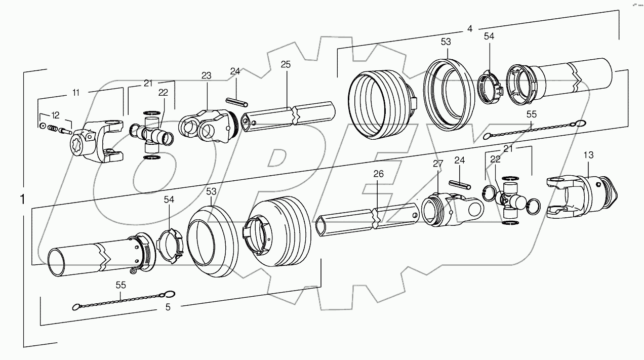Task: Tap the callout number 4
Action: point(470,29)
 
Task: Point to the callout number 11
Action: point(76,92)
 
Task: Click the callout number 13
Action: point(589,155)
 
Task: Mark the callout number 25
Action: point(286,64)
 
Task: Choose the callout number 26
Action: point(379,174)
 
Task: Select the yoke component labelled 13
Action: point(582,195)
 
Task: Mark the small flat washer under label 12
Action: point(43,125)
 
